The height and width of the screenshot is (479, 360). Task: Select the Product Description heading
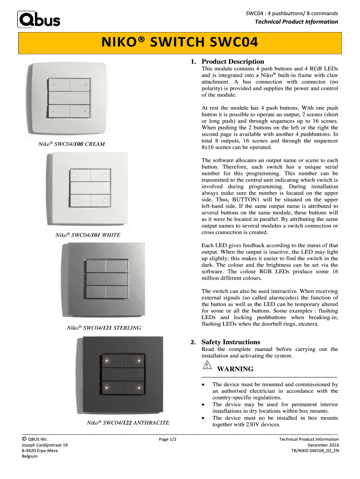(232, 62)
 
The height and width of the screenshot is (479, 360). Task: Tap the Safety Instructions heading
(230, 342)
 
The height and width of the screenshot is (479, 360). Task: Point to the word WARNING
(236, 369)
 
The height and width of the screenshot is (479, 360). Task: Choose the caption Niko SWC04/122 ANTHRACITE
(128, 423)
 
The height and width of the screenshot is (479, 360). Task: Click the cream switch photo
(69, 98)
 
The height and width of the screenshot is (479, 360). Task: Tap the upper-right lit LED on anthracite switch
(139, 361)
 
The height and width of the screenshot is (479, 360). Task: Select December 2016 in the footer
(323, 445)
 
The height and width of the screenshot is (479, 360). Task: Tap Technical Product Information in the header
(296, 22)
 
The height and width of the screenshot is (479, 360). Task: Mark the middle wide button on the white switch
(90, 188)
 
